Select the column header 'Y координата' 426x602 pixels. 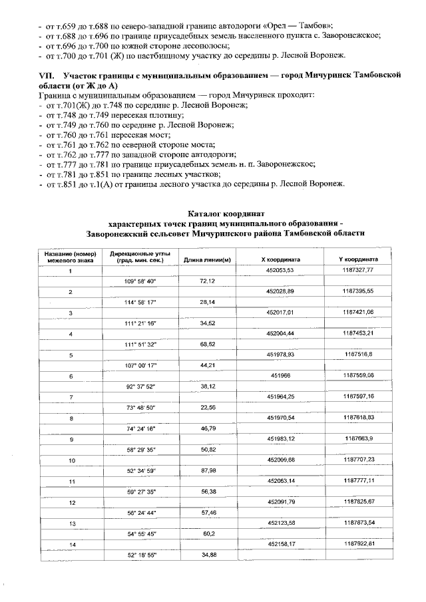(358, 259)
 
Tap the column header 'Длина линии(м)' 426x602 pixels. (207, 259)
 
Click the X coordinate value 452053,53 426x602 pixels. (280, 270)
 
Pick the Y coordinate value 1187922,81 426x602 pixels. (359, 543)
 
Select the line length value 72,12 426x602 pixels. (207, 281)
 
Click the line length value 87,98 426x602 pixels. (207, 470)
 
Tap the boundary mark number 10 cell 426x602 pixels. (71, 460)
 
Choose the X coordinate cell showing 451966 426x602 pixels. (280, 375)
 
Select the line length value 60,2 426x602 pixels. (207, 533)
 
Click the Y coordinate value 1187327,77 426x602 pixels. (359, 270)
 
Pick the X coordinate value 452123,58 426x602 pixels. (280, 523)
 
